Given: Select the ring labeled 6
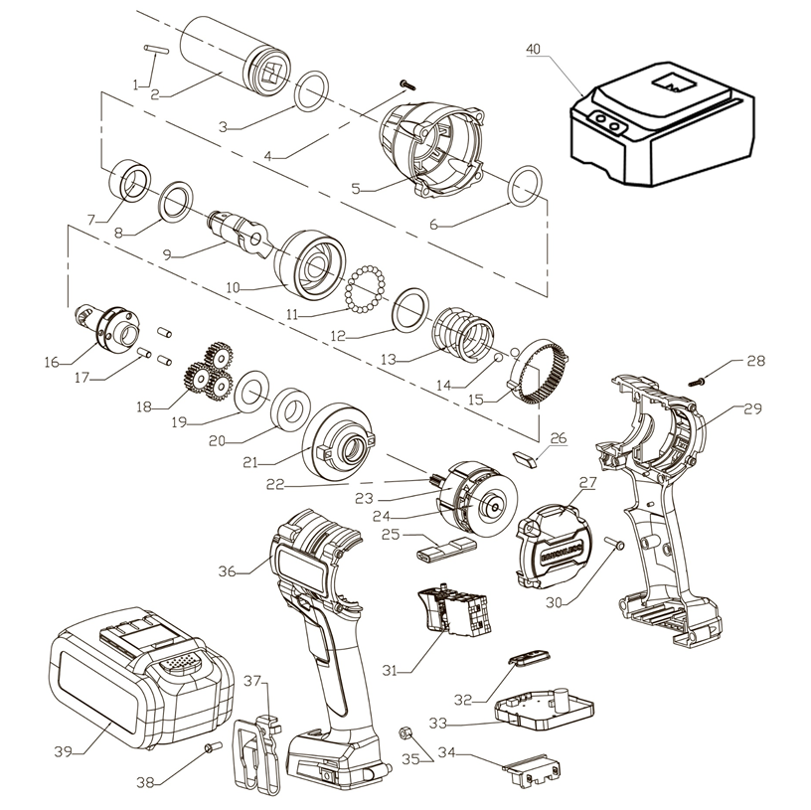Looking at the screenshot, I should tap(525, 185).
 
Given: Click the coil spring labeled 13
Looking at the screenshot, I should tap(463, 330).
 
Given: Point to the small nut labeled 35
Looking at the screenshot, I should tap(405, 732).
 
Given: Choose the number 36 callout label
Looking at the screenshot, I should tap(228, 571).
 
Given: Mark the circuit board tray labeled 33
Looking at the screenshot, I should tap(545, 708).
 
